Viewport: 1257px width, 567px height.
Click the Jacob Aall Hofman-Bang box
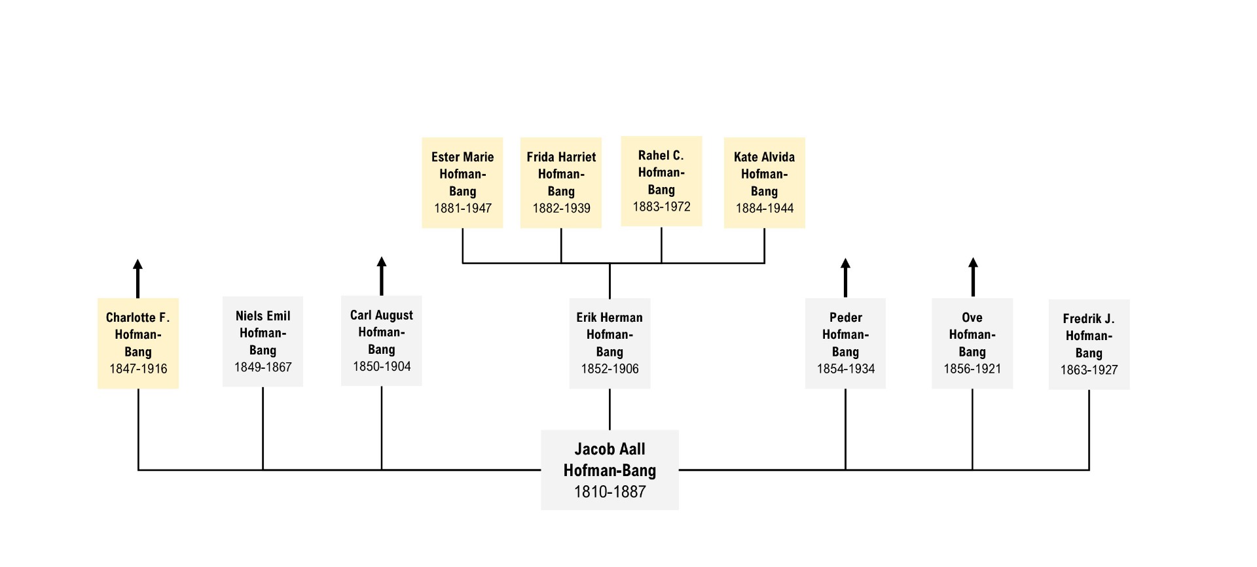[610, 470]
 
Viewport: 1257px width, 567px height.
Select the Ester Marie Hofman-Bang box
[462, 182]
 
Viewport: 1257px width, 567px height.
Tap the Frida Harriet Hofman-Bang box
[561, 182]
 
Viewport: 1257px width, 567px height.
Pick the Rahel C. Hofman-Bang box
[661, 181]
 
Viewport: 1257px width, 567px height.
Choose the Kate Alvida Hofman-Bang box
[764, 182]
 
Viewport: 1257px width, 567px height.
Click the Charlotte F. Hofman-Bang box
[138, 343]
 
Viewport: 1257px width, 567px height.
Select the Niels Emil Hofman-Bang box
[263, 341]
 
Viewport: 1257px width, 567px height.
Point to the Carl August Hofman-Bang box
[382, 341]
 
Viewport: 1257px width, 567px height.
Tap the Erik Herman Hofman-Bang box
[610, 343]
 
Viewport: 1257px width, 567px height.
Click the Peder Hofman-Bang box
[845, 343]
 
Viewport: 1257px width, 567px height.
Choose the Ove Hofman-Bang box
[972, 343]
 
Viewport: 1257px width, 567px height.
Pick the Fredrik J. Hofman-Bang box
[1089, 345]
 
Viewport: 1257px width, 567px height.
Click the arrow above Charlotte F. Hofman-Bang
[137, 279]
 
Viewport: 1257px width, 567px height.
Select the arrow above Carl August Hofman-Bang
[382, 276]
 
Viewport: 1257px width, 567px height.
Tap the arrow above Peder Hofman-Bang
[845, 278]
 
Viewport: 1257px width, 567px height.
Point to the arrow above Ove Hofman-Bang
[973, 277]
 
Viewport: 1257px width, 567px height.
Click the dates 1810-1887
[610, 492]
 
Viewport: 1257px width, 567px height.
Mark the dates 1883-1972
[661, 207]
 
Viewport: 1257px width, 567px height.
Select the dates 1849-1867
[263, 367]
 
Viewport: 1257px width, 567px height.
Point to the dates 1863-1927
[1089, 370]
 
